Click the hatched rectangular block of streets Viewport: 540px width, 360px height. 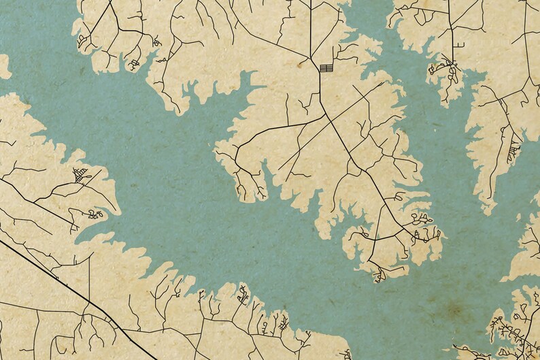coord(326,67)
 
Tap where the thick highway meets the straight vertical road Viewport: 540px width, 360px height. coord(89,297)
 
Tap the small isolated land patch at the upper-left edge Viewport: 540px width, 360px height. coord(4,67)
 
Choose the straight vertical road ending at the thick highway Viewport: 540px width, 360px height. coord(89,276)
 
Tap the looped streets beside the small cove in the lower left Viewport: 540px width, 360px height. coord(93,214)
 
